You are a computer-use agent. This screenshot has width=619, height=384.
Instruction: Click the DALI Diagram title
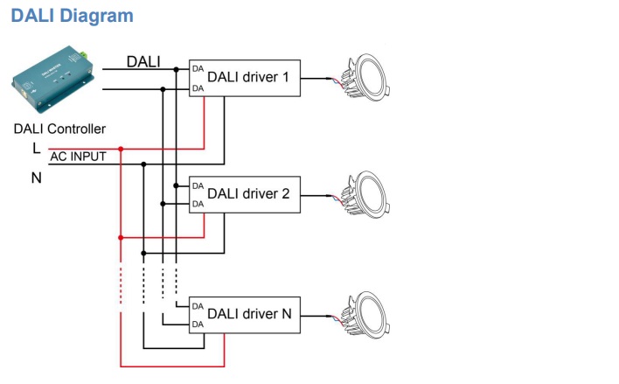(x=73, y=17)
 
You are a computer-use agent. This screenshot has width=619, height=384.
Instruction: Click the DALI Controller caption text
(x=60, y=129)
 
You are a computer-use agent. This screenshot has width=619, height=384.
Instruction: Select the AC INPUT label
(x=79, y=157)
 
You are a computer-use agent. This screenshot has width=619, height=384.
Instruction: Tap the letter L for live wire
(x=36, y=148)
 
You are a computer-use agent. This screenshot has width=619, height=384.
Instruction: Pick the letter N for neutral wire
(x=36, y=177)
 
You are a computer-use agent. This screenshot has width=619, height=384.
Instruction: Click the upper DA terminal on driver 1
(x=198, y=68)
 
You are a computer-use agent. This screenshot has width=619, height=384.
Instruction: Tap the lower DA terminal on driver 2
(x=198, y=204)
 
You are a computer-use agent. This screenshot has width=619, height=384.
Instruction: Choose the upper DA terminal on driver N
(x=198, y=306)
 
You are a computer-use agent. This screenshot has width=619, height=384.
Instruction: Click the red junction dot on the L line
(x=120, y=149)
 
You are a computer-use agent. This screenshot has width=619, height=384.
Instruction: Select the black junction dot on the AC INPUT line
(x=144, y=164)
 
